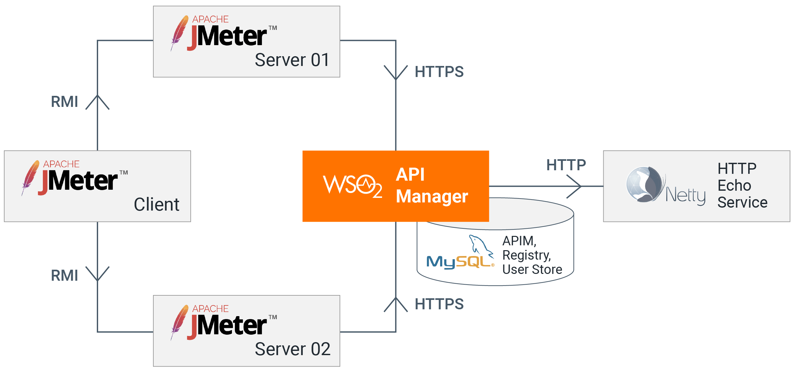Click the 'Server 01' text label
(292, 60)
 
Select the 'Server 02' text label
(292, 349)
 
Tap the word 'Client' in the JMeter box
(156, 205)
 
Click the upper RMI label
(64, 102)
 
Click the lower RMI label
(64, 276)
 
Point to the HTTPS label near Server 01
(439, 72)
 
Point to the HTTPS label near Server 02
(439, 304)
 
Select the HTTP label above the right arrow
(566, 165)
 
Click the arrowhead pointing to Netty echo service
(576, 186)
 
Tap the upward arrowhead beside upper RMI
(97, 101)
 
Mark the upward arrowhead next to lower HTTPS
(396, 303)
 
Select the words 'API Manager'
(431, 186)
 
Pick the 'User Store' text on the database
(532, 270)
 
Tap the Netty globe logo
(644, 185)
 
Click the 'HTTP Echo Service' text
(742, 186)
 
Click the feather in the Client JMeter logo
(30, 177)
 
